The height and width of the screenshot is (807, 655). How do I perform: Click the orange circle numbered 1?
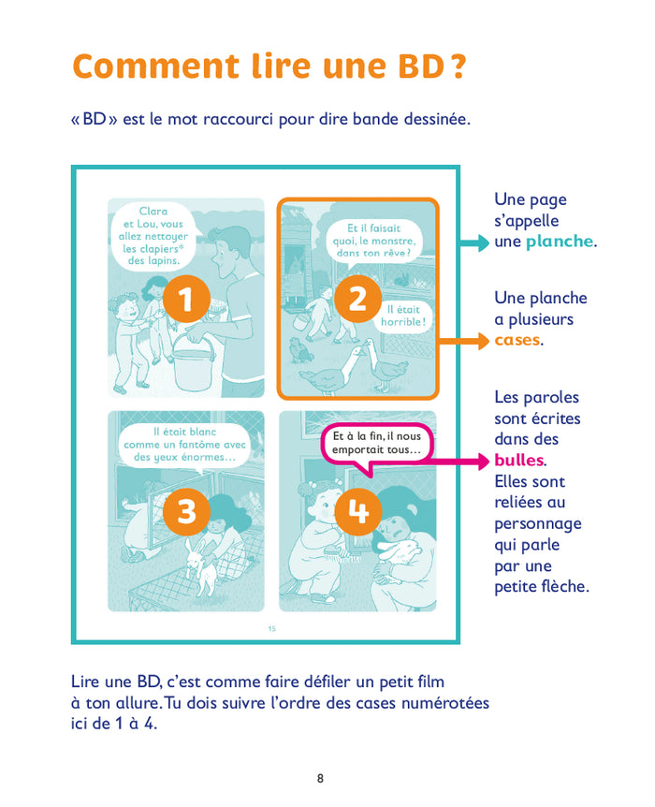point(184,300)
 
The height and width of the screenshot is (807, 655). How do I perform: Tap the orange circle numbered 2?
point(357,300)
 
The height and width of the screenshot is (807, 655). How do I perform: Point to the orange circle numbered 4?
point(358,511)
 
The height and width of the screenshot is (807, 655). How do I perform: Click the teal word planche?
point(559,242)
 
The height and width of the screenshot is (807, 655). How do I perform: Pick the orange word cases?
point(517,340)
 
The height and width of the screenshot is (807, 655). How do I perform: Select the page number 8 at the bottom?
point(321,778)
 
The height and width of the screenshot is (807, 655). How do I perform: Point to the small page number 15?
point(272,628)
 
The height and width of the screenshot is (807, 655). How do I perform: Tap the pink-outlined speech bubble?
point(375,443)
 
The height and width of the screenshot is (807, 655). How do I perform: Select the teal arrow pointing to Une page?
point(473,242)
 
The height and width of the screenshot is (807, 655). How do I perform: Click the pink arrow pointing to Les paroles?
point(473,461)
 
